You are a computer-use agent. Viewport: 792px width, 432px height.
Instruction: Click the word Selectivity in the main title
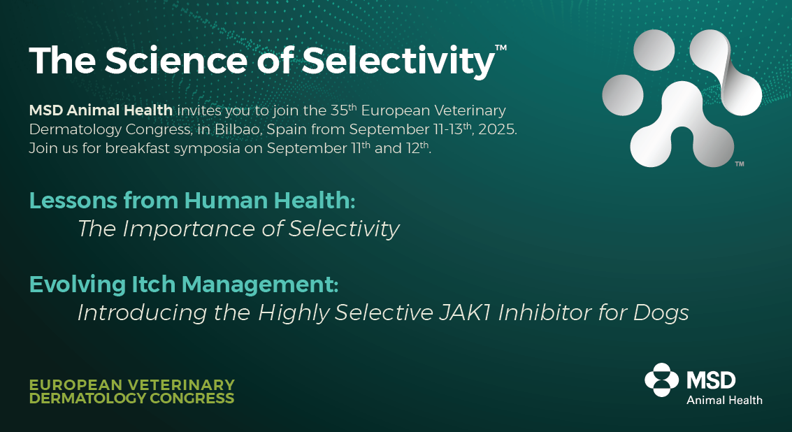click(x=398, y=61)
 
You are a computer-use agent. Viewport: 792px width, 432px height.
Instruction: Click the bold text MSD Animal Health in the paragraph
click(x=101, y=110)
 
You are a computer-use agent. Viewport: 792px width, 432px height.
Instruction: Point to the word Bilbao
click(x=236, y=129)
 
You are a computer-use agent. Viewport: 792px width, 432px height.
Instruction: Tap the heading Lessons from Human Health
click(x=192, y=201)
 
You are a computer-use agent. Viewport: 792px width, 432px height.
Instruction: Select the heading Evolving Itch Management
click(x=184, y=285)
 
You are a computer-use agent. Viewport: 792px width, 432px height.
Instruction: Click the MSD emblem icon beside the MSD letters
click(x=662, y=380)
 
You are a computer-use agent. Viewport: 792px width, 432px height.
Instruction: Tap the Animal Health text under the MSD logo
click(x=724, y=400)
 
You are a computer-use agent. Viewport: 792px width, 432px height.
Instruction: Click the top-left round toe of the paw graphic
click(x=654, y=50)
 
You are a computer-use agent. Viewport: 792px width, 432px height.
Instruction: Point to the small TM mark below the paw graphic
click(x=740, y=164)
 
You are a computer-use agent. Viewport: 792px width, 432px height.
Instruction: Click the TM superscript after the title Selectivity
click(x=501, y=48)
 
